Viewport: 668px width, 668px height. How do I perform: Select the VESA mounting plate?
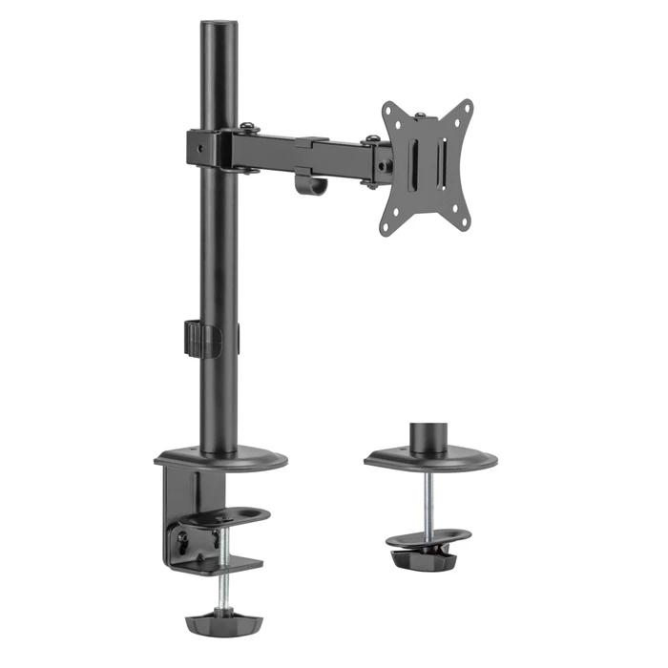[x=428, y=168]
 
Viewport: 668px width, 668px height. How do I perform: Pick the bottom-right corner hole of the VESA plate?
[x=465, y=221]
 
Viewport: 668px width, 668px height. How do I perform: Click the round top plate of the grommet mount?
[x=429, y=460]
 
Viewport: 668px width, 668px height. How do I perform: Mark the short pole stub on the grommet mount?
[x=428, y=437]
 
